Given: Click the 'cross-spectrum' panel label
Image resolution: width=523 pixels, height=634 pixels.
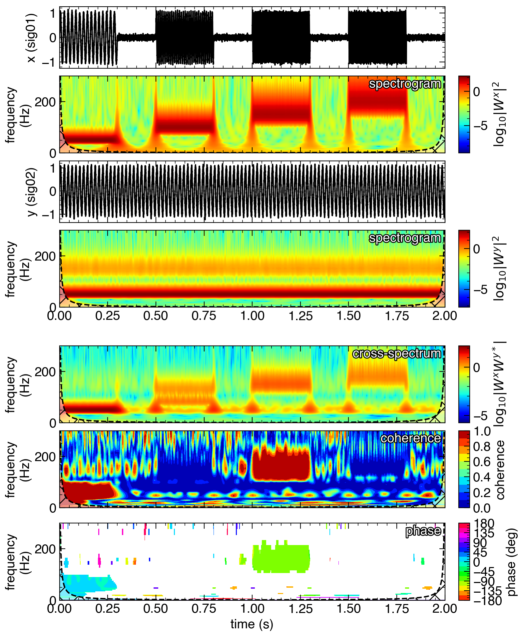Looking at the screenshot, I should click(x=396, y=353).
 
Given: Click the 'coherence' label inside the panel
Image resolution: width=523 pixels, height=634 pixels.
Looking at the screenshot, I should click(x=410, y=438).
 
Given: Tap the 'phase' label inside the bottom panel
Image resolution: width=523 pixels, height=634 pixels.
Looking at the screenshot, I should click(x=423, y=531).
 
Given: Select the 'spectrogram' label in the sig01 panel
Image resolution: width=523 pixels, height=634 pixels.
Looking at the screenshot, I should click(x=405, y=84).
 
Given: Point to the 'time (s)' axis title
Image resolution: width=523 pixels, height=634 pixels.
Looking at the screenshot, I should click(x=252, y=624).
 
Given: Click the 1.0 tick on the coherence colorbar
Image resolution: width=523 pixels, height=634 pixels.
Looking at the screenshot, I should click(x=482, y=431).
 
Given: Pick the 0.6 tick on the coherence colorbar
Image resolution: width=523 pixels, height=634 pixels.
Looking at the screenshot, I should click(x=482, y=462).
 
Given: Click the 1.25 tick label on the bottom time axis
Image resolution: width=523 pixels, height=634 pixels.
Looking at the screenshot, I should click(x=300, y=608).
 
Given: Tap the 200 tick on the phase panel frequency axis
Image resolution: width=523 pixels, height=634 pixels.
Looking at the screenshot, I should click(x=45, y=549).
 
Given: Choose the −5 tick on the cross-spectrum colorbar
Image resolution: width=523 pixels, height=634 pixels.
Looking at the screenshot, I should click(x=480, y=416).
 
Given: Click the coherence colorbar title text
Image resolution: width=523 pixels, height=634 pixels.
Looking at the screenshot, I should click(x=501, y=470).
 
